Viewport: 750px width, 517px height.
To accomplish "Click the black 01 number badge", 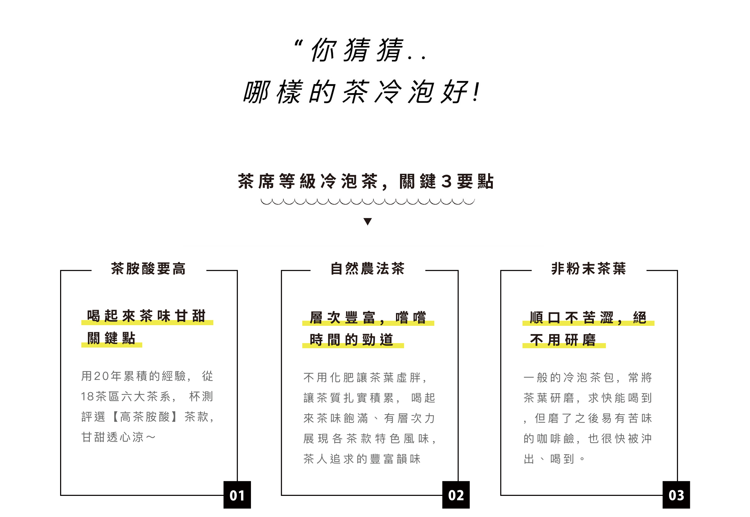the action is click(x=237, y=495).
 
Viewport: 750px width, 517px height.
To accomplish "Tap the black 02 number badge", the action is click(x=456, y=495).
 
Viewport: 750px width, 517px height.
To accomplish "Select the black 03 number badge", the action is click(x=676, y=495).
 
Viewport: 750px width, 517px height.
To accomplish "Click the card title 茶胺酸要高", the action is click(x=148, y=269).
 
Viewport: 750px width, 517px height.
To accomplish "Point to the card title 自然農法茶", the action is click(x=368, y=269).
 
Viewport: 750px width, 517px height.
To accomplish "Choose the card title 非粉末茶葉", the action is click(x=589, y=269).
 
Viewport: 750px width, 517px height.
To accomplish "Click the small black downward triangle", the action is click(x=368, y=221).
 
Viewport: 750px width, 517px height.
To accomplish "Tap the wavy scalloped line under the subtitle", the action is click(x=368, y=201).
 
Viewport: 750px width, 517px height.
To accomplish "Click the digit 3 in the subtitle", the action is click(x=446, y=182).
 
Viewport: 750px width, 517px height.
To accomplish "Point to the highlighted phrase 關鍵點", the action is click(x=111, y=338).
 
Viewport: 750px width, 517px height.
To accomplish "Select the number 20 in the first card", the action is click(x=101, y=376).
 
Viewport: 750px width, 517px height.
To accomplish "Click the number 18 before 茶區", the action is click(x=88, y=396).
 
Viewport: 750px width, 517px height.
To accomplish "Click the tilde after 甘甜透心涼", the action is click(x=151, y=437).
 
